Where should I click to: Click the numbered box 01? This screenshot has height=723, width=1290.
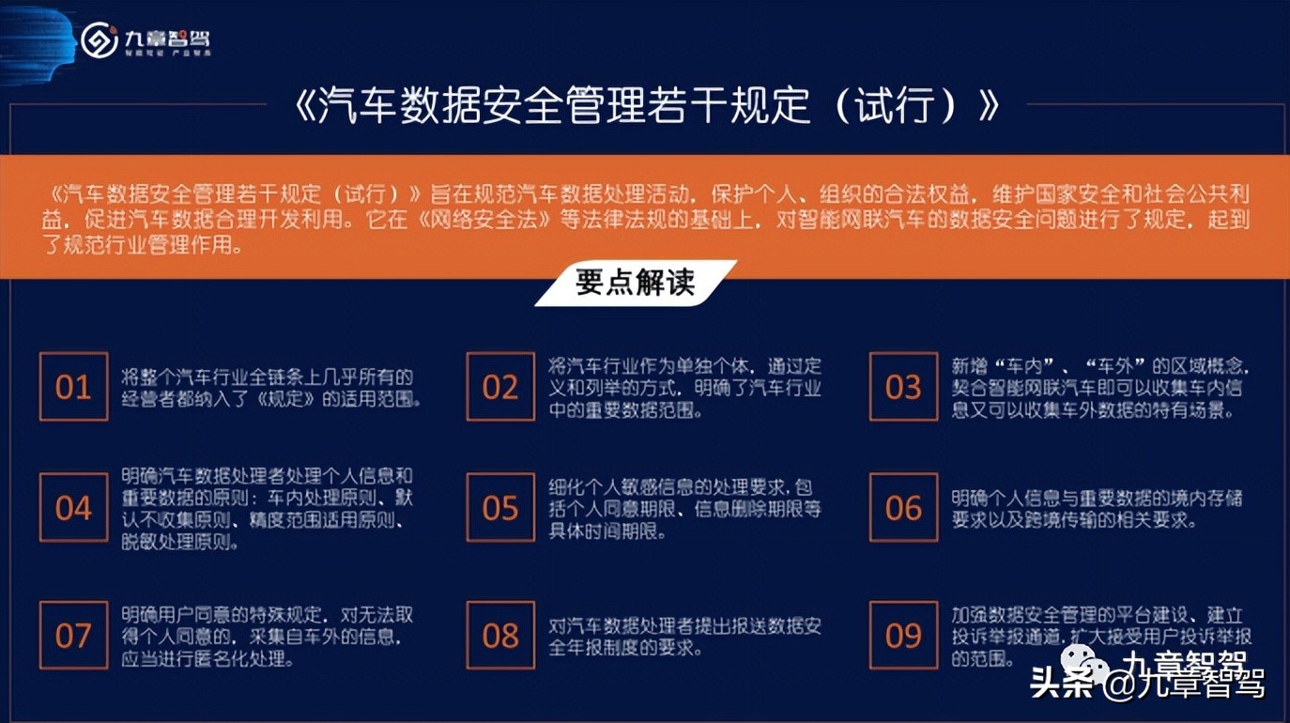[x=73, y=387]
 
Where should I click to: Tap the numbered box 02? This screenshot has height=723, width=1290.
[x=500, y=387]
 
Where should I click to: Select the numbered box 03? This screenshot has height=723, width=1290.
[x=903, y=387]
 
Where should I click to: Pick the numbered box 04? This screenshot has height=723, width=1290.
[x=73, y=508]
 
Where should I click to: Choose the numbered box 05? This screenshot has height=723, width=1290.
[x=500, y=508]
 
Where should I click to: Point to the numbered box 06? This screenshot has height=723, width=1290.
[x=903, y=508]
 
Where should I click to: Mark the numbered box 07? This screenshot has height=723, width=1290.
[x=73, y=636]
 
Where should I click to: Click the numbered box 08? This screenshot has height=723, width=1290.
[x=500, y=636]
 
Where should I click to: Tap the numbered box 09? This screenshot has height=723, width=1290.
[x=903, y=636]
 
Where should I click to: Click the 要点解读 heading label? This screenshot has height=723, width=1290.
[x=636, y=283]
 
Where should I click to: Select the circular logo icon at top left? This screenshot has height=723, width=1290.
[x=99, y=39]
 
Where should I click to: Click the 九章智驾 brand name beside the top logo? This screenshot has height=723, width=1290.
[x=168, y=38]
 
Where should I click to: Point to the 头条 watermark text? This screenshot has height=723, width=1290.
[x=1061, y=684]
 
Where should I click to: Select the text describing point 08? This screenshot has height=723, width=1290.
[x=685, y=637]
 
